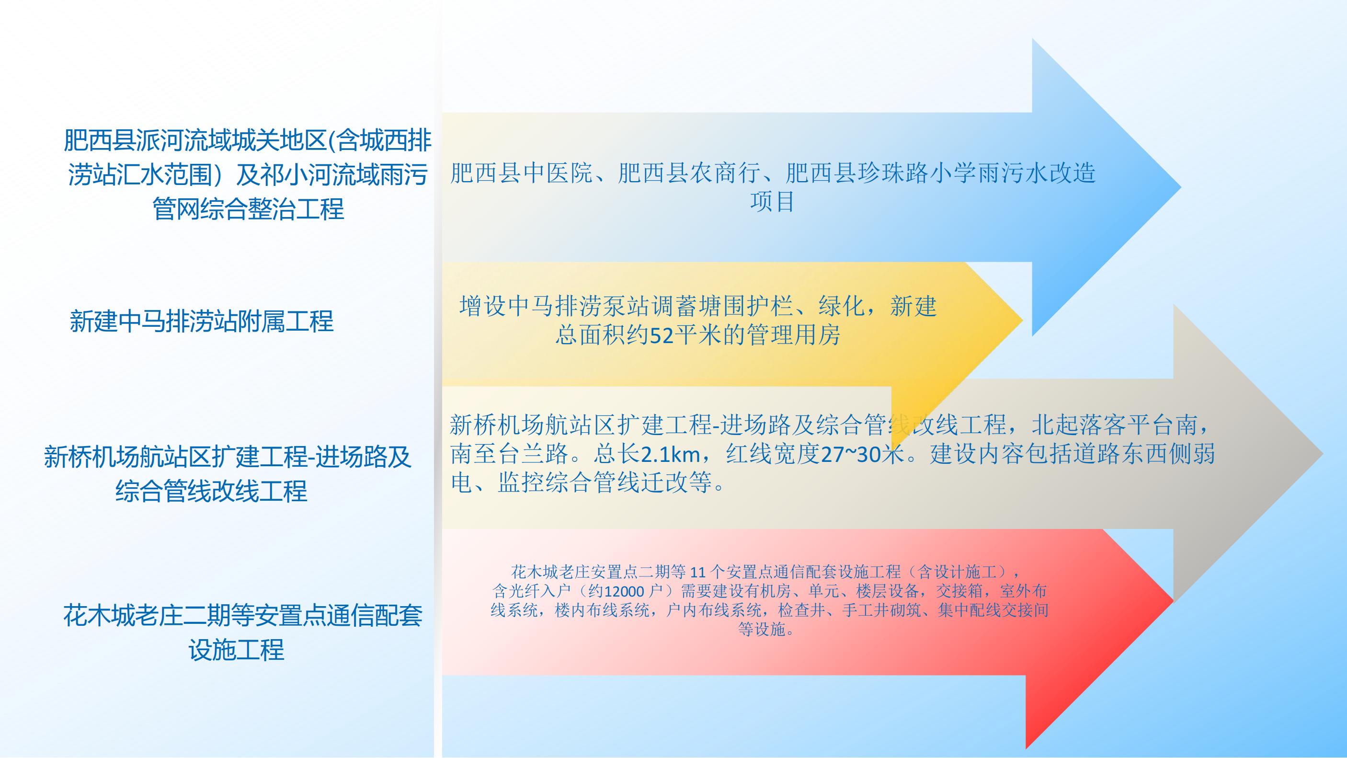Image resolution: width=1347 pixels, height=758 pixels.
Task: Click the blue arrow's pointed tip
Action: coord(1181,187)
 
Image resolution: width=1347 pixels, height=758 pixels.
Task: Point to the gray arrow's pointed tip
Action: coord(1323,454)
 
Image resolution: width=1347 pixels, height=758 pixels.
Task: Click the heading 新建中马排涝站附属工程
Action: coord(201,321)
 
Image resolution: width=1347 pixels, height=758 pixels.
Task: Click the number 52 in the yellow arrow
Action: coord(661,335)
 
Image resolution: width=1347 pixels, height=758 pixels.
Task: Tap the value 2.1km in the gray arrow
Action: coord(670,454)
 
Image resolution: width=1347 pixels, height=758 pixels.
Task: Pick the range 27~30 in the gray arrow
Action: coord(851,454)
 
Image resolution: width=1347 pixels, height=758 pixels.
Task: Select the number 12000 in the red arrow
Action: coord(623,591)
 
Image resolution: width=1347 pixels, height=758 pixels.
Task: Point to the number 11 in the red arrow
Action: coord(698,572)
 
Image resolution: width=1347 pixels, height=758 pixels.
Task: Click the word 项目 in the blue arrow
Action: coord(772,202)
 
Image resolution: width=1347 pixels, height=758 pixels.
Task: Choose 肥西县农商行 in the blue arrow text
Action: coord(689,173)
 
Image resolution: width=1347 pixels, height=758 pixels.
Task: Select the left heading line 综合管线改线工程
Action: coord(211,491)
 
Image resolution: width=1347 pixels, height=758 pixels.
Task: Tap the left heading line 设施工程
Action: coord(236,649)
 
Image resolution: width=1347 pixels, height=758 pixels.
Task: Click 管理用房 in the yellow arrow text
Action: coord(793,335)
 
